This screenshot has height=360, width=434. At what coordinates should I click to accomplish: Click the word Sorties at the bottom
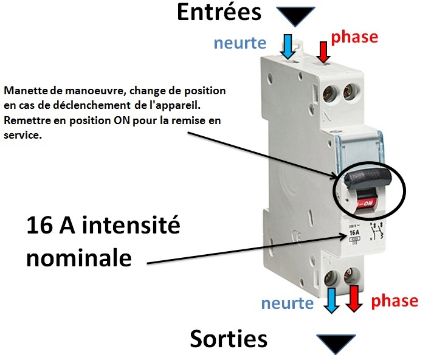pyautogui.click(x=229, y=339)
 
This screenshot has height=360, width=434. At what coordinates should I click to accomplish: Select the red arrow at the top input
pyautogui.click(x=323, y=50)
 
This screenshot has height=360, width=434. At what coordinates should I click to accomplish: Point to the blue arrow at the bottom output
pyautogui.click(x=331, y=300)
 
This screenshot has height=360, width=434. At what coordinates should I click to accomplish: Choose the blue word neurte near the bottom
pyautogui.click(x=288, y=302)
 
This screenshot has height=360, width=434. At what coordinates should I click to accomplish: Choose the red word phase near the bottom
pyautogui.click(x=394, y=300)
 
